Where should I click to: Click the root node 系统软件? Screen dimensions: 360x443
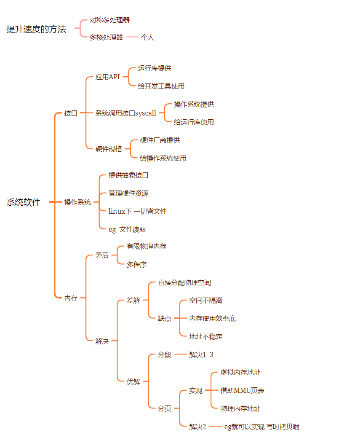click(x=24, y=202)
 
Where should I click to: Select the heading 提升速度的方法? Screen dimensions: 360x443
click(x=36, y=29)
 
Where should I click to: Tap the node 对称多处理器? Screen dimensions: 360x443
click(x=109, y=20)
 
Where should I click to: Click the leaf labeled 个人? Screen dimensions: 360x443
click(x=147, y=38)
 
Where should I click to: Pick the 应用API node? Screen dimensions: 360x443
click(x=107, y=77)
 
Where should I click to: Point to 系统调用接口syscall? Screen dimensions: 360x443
click(x=125, y=113)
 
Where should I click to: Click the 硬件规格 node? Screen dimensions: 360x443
click(x=109, y=149)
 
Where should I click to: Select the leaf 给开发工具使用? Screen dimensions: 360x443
click(x=161, y=86)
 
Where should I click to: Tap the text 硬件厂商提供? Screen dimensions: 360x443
click(x=160, y=140)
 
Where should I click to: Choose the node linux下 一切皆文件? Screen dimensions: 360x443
click(x=137, y=211)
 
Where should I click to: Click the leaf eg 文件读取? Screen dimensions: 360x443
click(x=127, y=229)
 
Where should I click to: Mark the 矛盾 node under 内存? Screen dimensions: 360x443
click(x=102, y=255)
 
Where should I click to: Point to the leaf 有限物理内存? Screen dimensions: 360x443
click(x=147, y=246)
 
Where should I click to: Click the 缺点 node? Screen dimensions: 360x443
click(x=165, y=318)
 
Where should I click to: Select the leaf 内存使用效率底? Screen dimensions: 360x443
click(x=212, y=318)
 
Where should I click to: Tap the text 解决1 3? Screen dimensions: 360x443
click(x=201, y=354)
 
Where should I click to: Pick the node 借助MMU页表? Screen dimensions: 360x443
click(x=242, y=390)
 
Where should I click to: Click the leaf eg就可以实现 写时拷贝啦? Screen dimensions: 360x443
click(x=261, y=427)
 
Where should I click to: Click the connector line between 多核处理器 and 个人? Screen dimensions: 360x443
click(x=132, y=37)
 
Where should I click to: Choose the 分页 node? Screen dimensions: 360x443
click(x=165, y=408)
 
